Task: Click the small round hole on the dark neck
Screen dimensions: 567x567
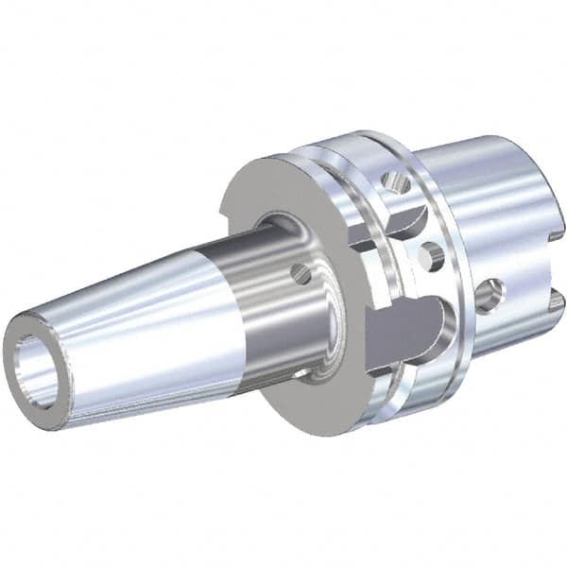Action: click(x=301, y=274)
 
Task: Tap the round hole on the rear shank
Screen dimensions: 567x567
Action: click(x=490, y=296)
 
